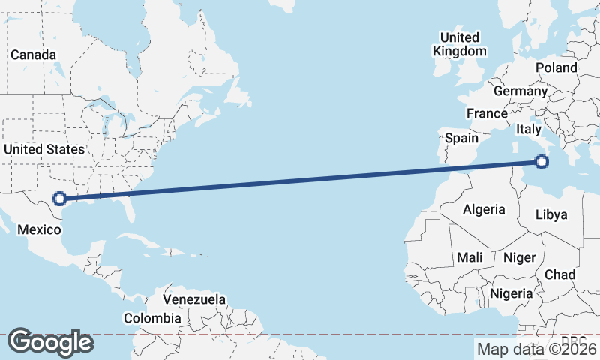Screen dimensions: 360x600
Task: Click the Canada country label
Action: (33, 55)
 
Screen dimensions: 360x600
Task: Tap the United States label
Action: (43, 149)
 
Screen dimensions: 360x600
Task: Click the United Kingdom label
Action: (459, 44)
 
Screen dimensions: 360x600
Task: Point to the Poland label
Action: (556, 67)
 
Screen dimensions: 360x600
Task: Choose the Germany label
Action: (520, 91)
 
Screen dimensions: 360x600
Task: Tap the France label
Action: (487, 113)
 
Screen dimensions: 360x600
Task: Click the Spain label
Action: (461, 138)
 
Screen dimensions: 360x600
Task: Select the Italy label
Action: (528, 130)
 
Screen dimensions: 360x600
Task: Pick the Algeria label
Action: (484, 209)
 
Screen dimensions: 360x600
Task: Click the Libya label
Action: (551, 215)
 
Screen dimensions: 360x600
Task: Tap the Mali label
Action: (469, 257)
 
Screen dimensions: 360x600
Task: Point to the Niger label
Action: (519, 257)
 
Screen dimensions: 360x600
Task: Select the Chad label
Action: (559, 274)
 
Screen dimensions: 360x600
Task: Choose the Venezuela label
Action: (194, 299)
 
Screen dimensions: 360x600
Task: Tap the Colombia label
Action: (152, 318)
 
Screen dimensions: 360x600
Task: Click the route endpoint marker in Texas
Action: (61, 199)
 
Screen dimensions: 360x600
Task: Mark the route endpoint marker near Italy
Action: (541, 161)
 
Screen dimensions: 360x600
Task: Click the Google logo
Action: (50, 342)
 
